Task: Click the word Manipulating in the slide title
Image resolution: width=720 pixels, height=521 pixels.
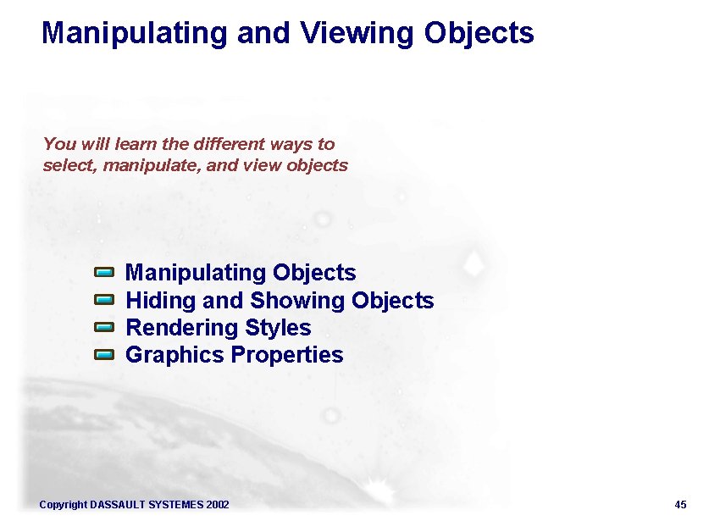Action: point(135,33)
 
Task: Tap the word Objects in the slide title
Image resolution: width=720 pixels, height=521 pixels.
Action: point(479,33)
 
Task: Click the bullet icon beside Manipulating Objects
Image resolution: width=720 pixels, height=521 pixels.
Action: point(103,273)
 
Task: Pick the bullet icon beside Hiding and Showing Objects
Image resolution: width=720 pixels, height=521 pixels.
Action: point(103,300)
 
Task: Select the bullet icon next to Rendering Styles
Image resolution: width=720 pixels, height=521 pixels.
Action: point(103,327)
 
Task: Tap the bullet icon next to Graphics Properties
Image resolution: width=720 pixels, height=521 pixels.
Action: point(103,354)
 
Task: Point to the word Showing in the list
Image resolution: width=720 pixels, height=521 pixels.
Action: point(297,301)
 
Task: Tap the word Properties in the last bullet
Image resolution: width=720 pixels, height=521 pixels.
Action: point(287,355)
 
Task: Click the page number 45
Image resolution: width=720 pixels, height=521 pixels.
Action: point(680,505)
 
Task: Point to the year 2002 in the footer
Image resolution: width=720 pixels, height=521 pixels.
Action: point(218,505)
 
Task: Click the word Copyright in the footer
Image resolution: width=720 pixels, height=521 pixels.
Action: point(64,505)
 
